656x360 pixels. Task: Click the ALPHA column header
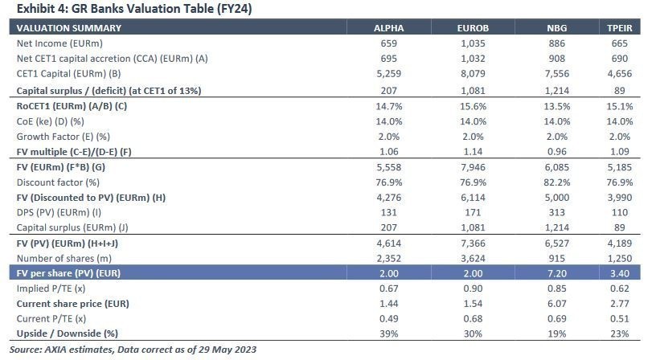389,28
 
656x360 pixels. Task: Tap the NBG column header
556,28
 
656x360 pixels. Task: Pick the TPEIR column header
621,28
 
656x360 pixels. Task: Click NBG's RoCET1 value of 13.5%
556,106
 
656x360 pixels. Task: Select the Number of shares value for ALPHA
389,257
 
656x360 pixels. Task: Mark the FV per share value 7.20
556,273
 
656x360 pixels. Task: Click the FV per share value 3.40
621,273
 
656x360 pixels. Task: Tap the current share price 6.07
556,304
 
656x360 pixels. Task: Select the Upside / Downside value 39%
389,334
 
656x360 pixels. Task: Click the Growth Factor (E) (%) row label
64,137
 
